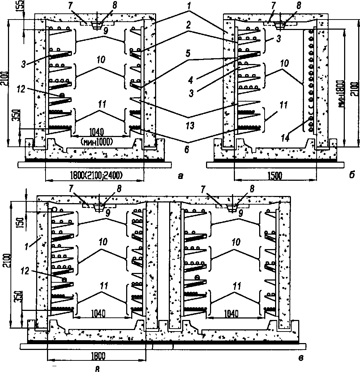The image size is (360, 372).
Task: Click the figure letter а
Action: (x=180, y=176)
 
